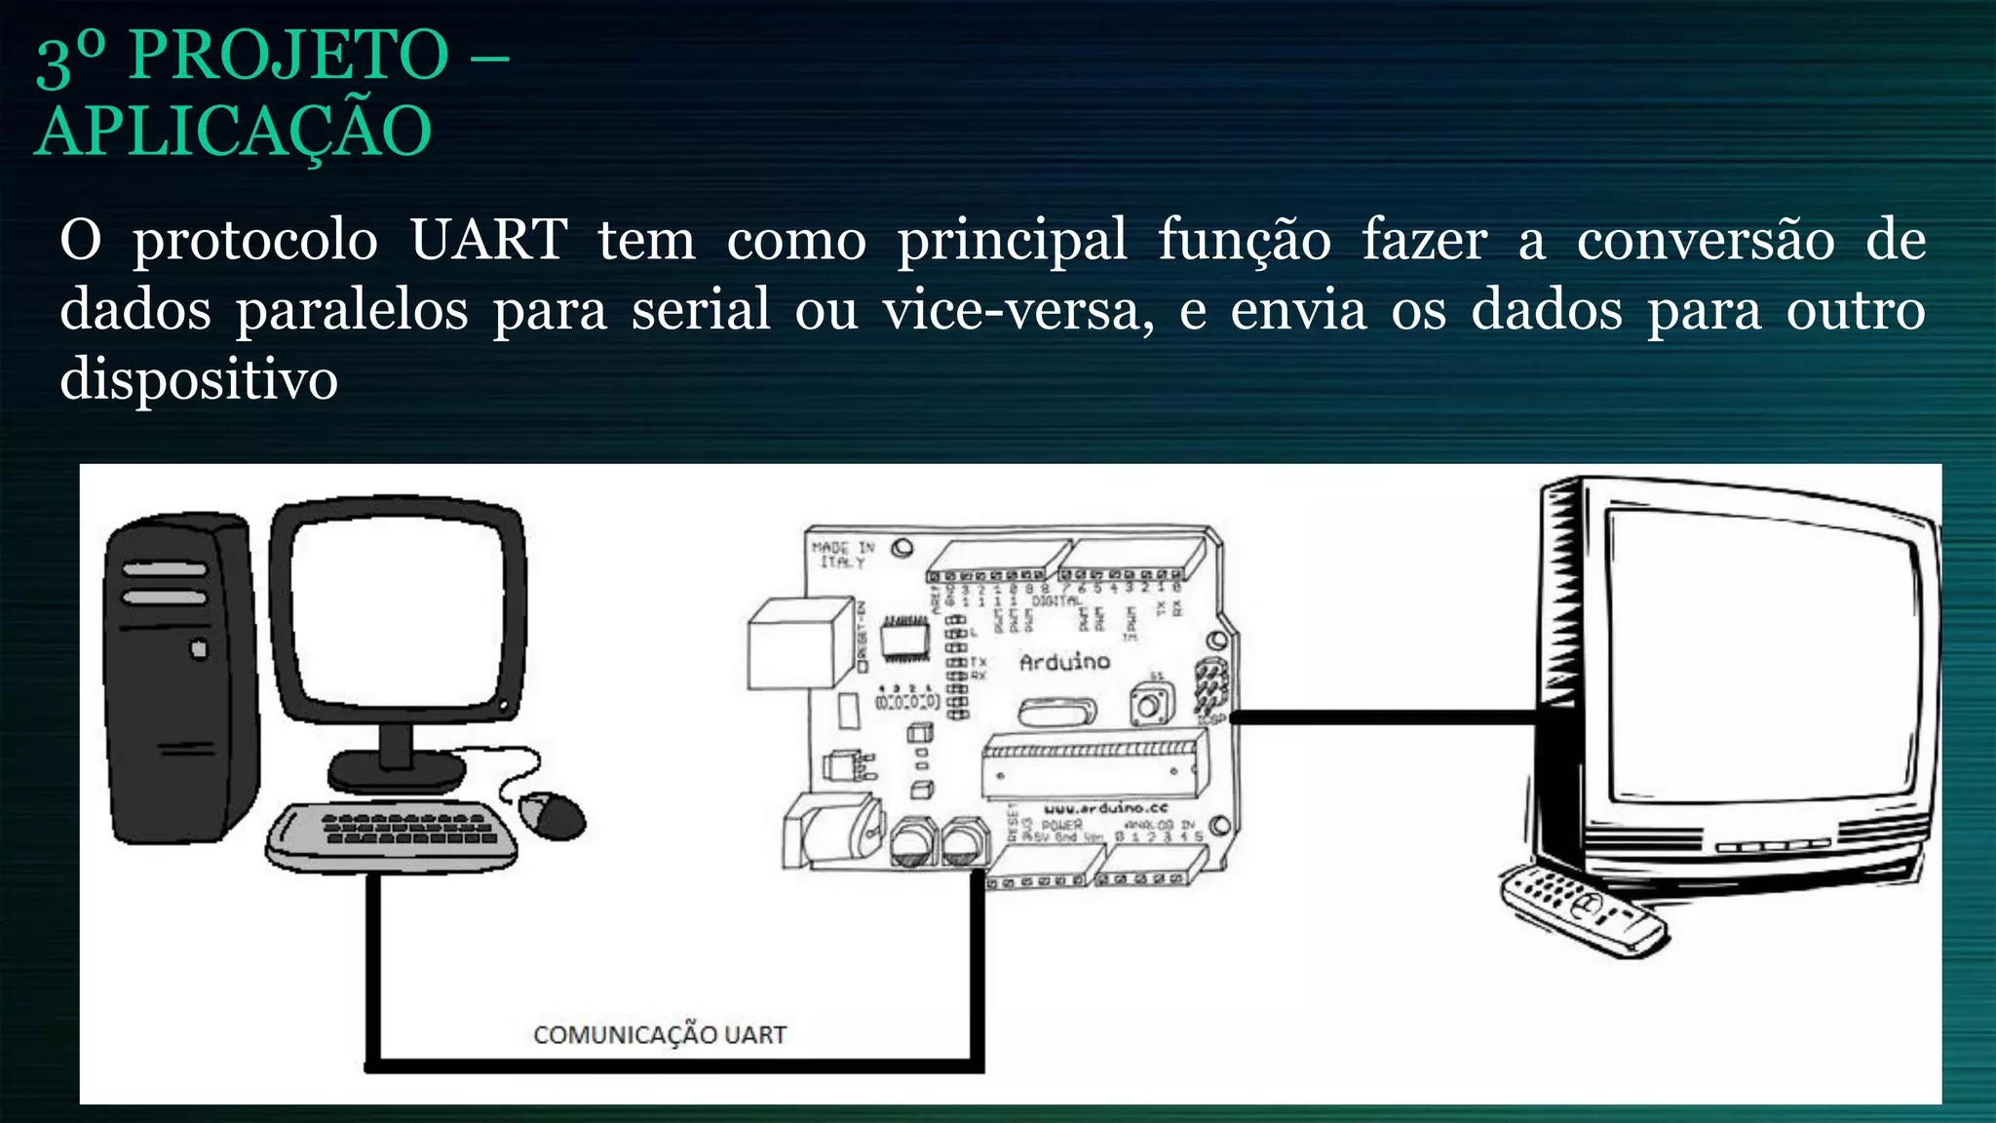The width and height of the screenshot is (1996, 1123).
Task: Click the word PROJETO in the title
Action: [x=288, y=56]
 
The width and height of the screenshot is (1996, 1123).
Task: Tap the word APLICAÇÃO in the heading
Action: [x=233, y=132]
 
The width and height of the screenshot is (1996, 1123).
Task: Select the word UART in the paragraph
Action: [x=487, y=240]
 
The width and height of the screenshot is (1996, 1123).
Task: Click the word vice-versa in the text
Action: [x=1017, y=310]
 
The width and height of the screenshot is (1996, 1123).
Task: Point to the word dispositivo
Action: [x=199, y=379]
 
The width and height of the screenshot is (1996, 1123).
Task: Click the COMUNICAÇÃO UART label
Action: [x=660, y=1034]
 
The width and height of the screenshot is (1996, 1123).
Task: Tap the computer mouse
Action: [x=553, y=814]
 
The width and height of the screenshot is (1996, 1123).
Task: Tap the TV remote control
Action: [x=1583, y=908]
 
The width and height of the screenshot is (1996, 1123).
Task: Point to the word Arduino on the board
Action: [x=1064, y=662]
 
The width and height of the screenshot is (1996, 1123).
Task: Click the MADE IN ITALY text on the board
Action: [x=842, y=555]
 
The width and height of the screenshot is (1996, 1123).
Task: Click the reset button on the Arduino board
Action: [x=1150, y=705]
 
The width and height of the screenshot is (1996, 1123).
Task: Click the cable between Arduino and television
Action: [x=1384, y=717]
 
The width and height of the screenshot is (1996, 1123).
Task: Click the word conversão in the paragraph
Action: [x=1706, y=240]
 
